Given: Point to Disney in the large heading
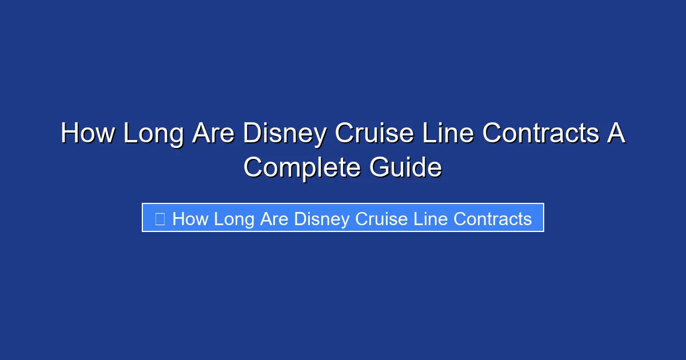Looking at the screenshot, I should pyautogui.click(x=285, y=134).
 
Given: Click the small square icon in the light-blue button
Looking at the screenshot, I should pyautogui.click(x=160, y=218).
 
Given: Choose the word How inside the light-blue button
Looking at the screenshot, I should pyautogui.click(x=190, y=218).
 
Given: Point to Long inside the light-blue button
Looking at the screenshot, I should pyautogui.click(x=234, y=218).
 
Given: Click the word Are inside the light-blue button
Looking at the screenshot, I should pyautogui.click(x=275, y=218).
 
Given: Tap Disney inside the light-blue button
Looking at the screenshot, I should pyautogui.click(x=322, y=218).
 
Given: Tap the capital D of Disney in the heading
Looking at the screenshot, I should pyautogui.click(x=252, y=134).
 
